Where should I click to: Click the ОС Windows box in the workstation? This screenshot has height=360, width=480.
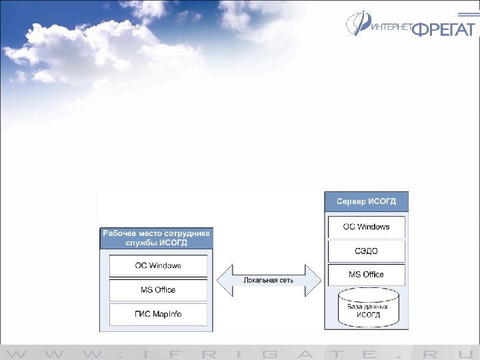[158, 266]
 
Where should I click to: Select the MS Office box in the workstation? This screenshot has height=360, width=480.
[158, 290]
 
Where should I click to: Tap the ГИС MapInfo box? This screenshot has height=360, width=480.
[158, 314]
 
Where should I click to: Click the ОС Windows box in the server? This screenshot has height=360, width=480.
[366, 227]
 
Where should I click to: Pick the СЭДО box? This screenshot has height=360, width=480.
[366, 251]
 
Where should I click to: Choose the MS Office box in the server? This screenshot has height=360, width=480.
[366, 274]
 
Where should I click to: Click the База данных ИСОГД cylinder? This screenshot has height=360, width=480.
[367, 307]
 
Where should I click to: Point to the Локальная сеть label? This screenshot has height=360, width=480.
[269, 281]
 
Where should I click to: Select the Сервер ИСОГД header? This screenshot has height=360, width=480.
[366, 201]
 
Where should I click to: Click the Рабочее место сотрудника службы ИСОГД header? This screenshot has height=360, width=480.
[156, 238]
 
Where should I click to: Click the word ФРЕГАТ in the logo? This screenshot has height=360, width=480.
[443, 29]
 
